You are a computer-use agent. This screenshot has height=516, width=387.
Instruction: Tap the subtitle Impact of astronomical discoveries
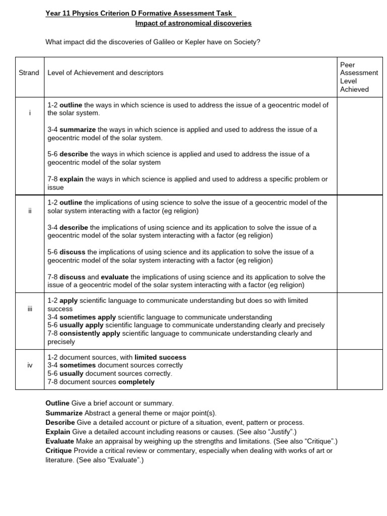tap(193, 23)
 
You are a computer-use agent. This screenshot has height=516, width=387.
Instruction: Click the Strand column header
tap(29, 73)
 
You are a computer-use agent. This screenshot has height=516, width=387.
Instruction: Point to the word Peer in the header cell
tap(348, 64)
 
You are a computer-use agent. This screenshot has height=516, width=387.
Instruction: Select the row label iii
tap(30, 308)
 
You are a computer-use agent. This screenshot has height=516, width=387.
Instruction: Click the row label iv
tap(30, 365)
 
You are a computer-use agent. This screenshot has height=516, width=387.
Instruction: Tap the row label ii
tap(30, 211)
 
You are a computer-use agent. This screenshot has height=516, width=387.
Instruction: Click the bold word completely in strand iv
tap(136, 382)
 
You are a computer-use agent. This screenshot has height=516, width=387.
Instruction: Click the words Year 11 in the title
tap(58, 13)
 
